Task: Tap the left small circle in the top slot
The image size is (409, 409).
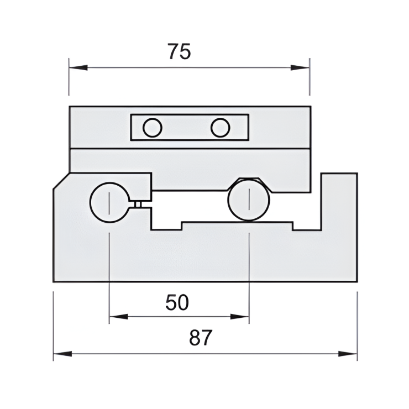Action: click(x=152, y=128)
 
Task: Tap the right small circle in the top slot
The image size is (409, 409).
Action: click(x=220, y=128)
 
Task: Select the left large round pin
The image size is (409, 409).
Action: click(x=109, y=202)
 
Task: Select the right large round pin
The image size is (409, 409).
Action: click(x=249, y=200)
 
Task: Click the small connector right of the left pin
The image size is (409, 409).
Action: click(x=138, y=204)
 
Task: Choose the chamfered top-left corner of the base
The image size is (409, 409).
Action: click(x=61, y=181)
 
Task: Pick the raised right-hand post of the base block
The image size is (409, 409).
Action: click(x=339, y=199)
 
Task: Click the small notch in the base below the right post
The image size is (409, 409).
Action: click(x=307, y=227)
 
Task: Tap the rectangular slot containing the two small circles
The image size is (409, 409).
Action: click(x=190, y=128)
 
